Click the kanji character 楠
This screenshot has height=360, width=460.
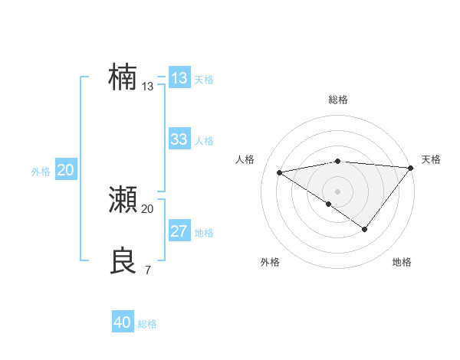(123, 77)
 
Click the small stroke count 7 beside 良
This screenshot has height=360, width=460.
(147, 270)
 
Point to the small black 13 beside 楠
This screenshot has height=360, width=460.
(148, 87)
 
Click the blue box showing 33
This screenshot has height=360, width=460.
(179, 139)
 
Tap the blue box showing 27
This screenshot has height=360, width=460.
(179, 231)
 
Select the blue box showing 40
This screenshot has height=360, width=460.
(123, 322)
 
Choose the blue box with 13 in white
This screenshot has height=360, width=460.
(179, 78)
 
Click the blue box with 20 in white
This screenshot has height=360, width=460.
(66, 170)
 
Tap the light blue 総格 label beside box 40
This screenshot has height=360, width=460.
(148, 324)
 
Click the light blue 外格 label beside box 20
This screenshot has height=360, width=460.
(41, 172)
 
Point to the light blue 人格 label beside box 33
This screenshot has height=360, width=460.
(204, 141)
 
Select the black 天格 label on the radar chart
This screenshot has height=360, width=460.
(431, 159)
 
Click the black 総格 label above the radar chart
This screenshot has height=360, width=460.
(337, 100)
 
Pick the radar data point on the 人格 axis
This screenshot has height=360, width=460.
(279, 172)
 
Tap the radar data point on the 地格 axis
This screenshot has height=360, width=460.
(365, 229)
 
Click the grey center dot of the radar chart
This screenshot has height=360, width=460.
(337, 191)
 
